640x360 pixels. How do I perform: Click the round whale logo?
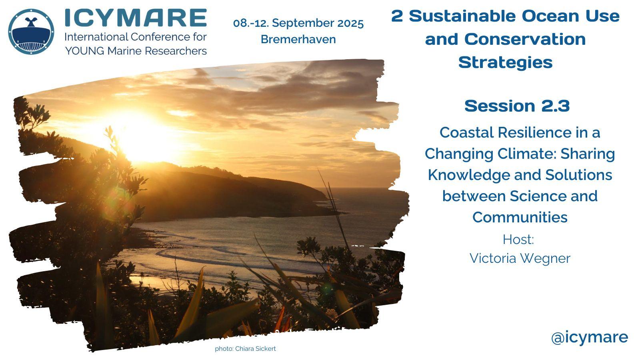point(31,32)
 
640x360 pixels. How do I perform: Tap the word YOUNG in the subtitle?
point(85,51)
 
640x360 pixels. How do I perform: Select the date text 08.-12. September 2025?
point(298,23)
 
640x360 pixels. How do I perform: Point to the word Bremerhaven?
point(298,39)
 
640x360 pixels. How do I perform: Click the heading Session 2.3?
point(517,106)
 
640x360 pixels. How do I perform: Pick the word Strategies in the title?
point(506,62)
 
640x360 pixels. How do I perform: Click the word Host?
point(518,240)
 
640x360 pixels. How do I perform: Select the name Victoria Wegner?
point(520,258)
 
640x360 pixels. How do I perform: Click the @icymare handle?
point(590,338)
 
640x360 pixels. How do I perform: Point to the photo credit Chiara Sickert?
point(256,348)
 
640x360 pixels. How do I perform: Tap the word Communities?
point(520,217)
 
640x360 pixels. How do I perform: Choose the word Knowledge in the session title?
point(469,175)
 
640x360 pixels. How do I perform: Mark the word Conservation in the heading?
point(525,39)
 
